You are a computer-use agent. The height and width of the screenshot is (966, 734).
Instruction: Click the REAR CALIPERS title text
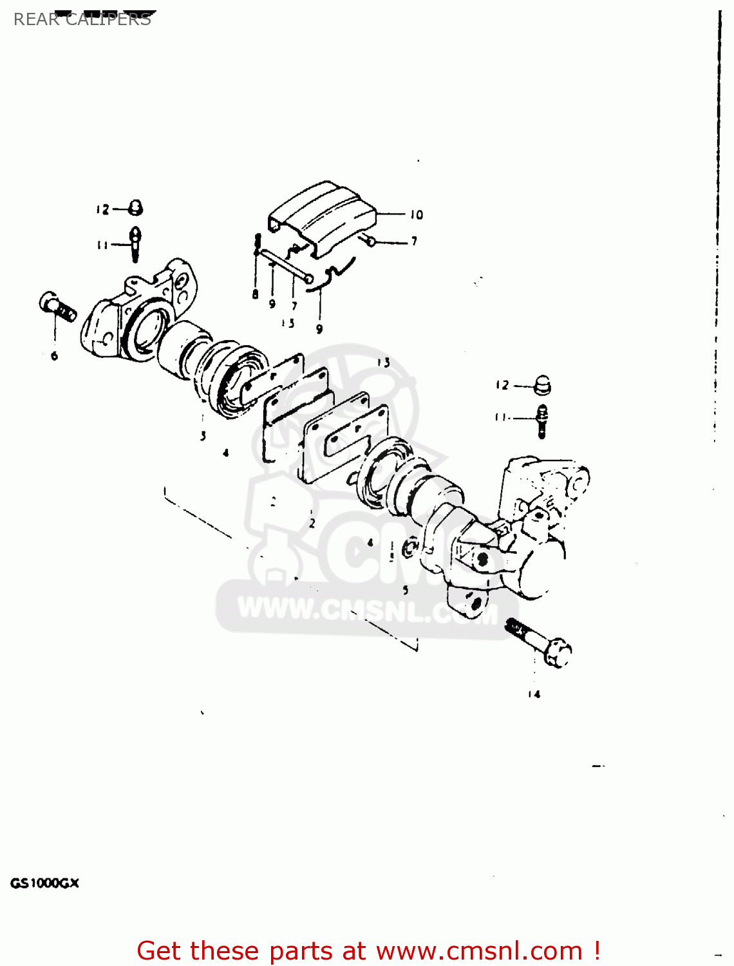click(82, 19)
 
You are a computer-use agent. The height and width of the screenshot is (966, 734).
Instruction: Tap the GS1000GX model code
click(44, 883)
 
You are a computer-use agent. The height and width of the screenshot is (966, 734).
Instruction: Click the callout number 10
click(416, 214)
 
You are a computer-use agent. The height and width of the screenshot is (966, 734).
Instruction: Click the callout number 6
click(54, 355)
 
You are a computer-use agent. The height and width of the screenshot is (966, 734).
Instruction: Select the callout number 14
click(534, 694)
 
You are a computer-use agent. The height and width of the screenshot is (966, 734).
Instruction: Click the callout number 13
click(384, 363)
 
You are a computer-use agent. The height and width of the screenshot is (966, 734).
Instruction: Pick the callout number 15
click(288, 323)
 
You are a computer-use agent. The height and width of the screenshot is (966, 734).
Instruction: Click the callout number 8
click(256, 294)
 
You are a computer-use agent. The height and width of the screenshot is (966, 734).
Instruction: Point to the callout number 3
click(203, 436)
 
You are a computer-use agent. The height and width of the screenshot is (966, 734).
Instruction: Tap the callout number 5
click(405, 589)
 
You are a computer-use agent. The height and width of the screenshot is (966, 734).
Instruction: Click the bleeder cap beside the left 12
click(135, 207)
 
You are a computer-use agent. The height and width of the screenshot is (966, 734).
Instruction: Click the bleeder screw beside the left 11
click(135, 243)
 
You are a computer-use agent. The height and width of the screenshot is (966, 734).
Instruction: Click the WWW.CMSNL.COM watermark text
click(367, 611)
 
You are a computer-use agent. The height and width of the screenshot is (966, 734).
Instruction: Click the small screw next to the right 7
click(369, 241)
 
